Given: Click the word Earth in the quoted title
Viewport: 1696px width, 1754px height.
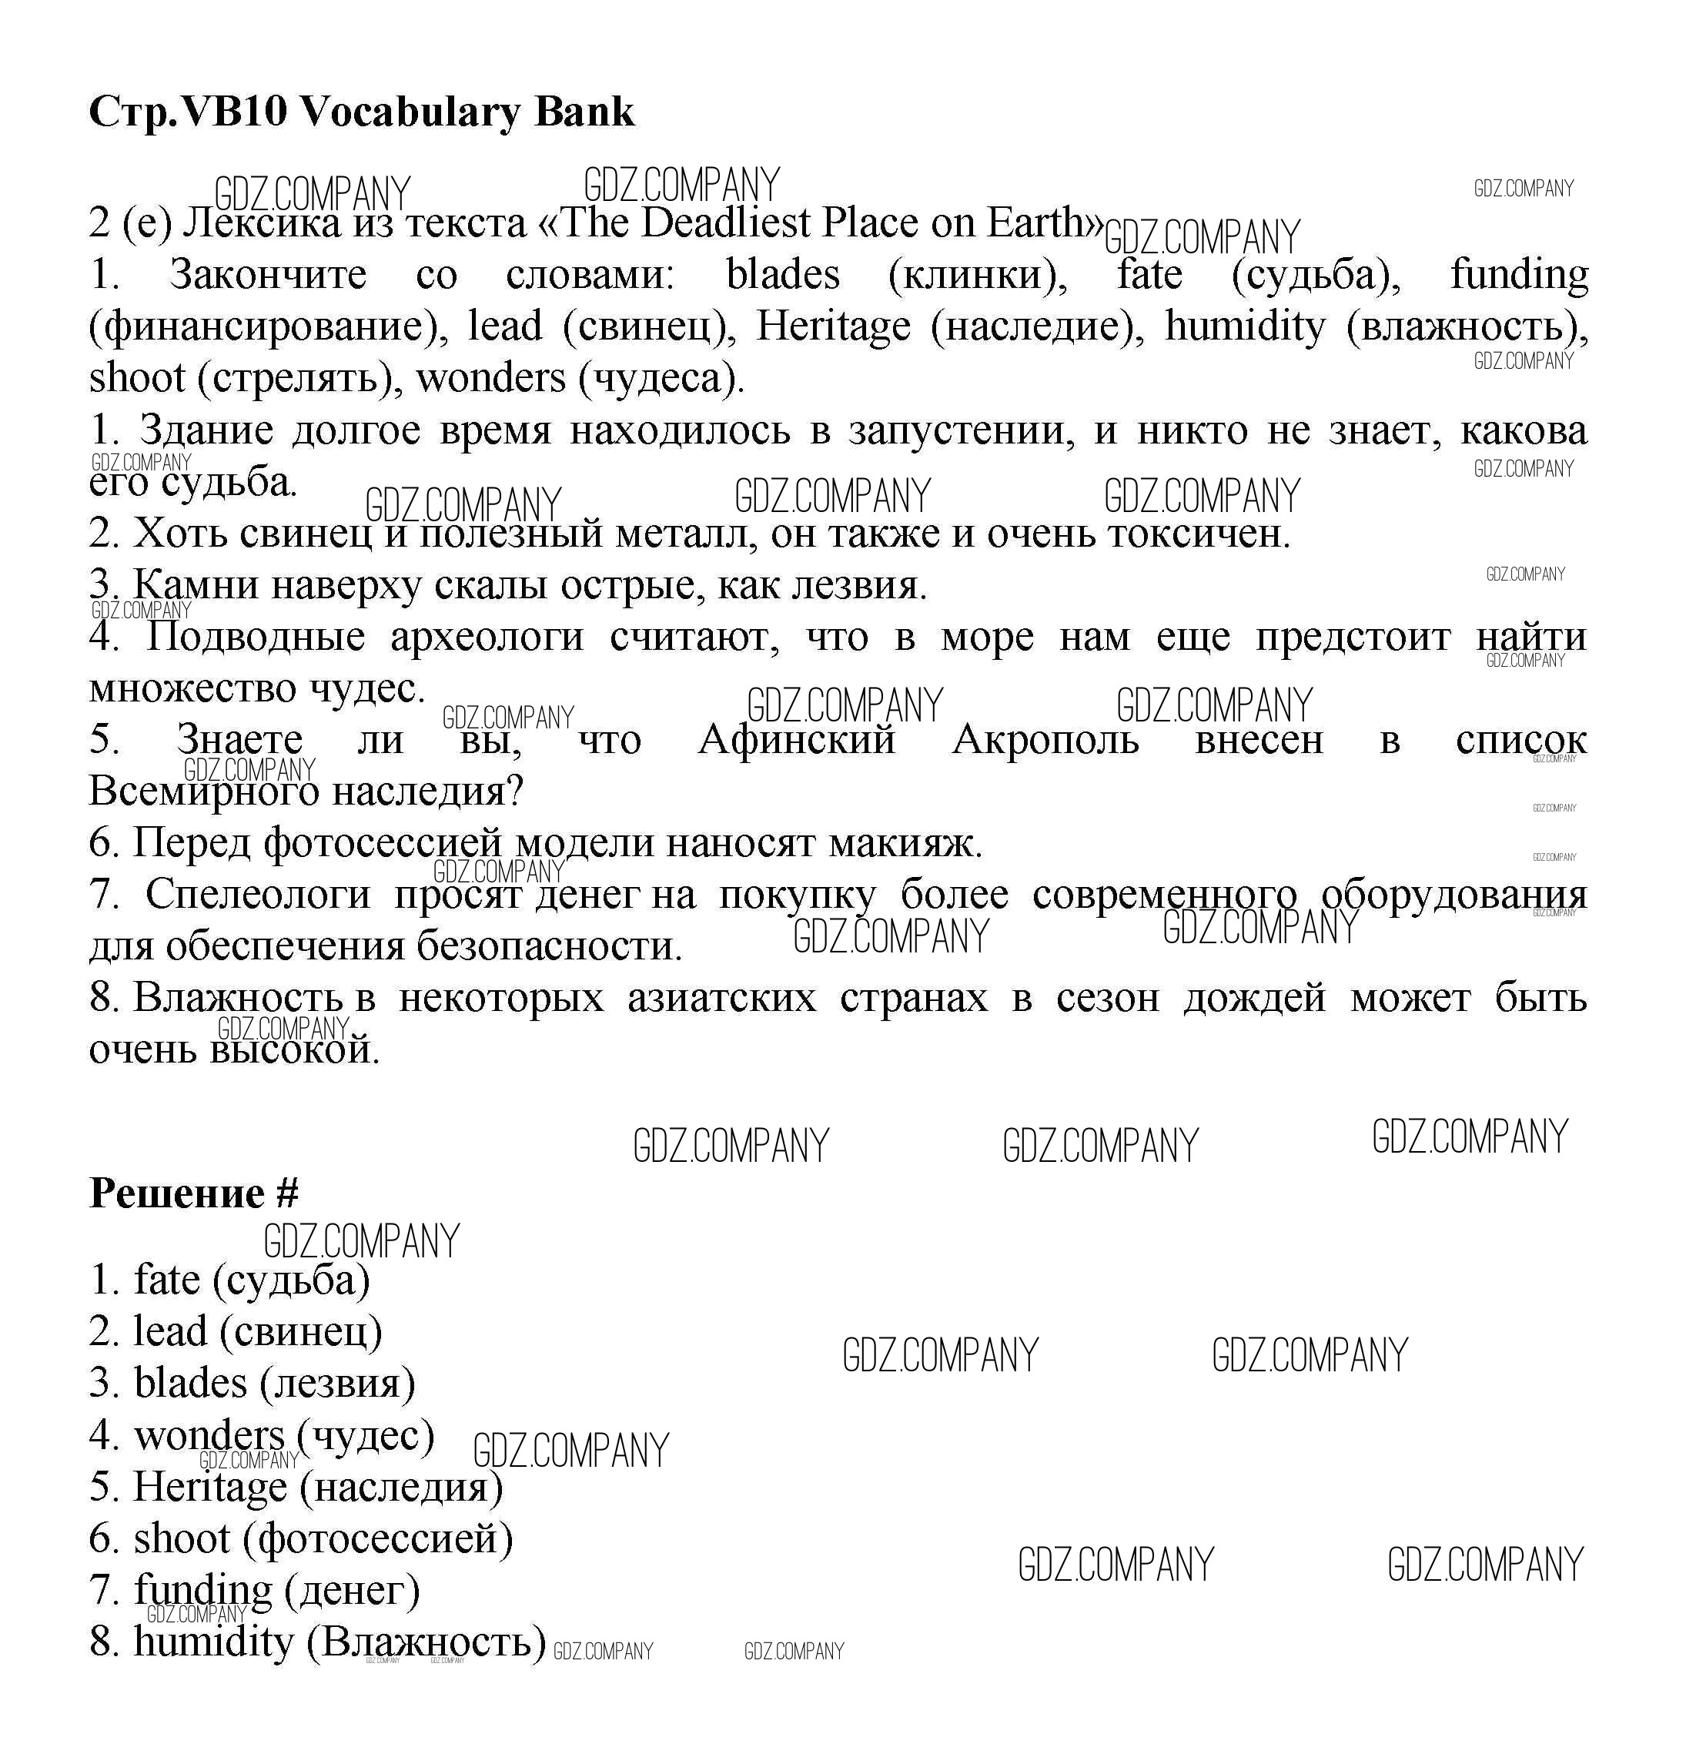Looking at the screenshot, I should pos(1039,223).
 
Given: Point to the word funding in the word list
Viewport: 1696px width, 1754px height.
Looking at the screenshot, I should pos(1519,275).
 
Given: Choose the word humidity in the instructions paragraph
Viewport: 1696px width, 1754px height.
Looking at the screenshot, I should pos(1245,326).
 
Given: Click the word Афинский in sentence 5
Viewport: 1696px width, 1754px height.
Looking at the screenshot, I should pos(797,740).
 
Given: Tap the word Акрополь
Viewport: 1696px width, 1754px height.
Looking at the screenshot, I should pos(1045,740).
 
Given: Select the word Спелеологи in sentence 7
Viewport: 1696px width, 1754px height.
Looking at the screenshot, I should pos(258,894).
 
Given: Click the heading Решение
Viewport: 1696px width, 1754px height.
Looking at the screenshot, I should pos(177,1193).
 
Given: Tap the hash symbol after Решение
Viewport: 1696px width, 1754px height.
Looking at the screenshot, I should pos(287,1193).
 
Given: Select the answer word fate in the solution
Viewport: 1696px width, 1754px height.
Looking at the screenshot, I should pos(167,1280).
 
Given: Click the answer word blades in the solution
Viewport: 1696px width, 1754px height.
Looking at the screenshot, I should pos(189,1384).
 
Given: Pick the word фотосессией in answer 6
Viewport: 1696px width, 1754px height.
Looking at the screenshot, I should pos(385,1539).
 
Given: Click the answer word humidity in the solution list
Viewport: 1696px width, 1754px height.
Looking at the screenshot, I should pos(213,1642).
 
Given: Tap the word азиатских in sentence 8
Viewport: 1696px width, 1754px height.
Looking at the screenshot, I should pos(722,998).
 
